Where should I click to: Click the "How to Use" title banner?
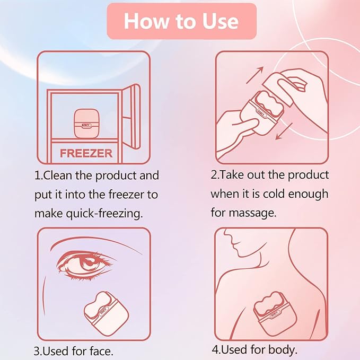point(182,21)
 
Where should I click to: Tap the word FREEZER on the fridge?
point(86,153)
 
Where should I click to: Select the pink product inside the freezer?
point(86,124)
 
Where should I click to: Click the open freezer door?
point(131,117)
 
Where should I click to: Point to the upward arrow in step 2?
point(255,75)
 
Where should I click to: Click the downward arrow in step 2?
point(284,131)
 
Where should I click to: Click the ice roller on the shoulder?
point(275,313)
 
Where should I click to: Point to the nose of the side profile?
point(227,237)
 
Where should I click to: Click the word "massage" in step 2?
point(252,213)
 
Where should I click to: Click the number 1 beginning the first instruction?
point(38,175)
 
